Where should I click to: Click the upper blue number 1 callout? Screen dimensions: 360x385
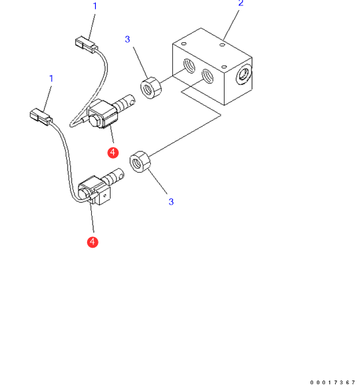pyautogui.click(x=95, y=6)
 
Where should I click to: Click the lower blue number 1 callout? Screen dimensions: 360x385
pyautogui.click(x=51, y=78)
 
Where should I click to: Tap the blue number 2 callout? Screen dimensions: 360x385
pyautogui.click(x=241, y=3)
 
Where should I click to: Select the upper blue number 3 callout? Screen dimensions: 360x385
pyautogui.click(x=127, y=40)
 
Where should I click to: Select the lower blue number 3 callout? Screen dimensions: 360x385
pyautogui.click(x=171, y=202)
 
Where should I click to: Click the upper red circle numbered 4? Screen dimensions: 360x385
pyautogui.click(x=113, y=153)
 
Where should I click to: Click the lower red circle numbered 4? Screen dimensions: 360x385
pyautogui.click(x=93, y=242)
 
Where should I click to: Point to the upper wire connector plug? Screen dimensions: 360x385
pyautogui.click(x=86, y=44)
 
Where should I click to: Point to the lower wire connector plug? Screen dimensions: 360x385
pyautogui.click(x=41, y=117)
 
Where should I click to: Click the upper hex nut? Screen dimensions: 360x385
pyautogui.click(x=151, y=88)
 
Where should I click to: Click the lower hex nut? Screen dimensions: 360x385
pyautogui.click(x=140, y=161)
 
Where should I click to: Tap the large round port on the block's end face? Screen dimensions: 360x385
pyautogui.click(x=244, y=74)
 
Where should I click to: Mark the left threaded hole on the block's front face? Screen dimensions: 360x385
pyautogui.click(x=189, y=66)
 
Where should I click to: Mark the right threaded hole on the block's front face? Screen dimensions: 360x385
pyautogui.click(x=207, y=76)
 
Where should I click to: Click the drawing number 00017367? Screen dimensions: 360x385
pyautogui.click(x=333, y=382)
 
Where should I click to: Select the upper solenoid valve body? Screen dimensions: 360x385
pyautogui.click(x=103, y=114)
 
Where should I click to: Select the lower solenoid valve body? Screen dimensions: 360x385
pyautogui.click(x=94, y=190)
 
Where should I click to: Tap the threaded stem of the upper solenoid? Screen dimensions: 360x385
pyautogui.click(x=125, y=104)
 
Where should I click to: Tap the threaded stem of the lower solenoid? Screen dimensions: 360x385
pyautogui.click(x=114, y=177)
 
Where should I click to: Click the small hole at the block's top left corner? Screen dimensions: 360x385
pyautogui.click(x=184, y=44)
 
